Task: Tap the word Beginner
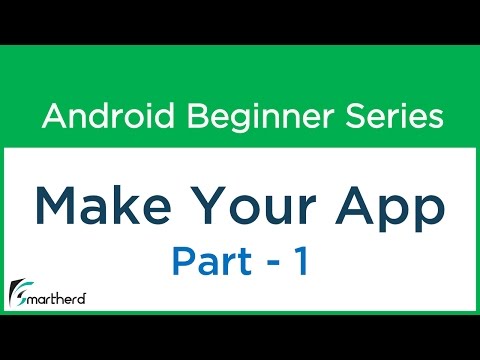[x=242, y=117]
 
